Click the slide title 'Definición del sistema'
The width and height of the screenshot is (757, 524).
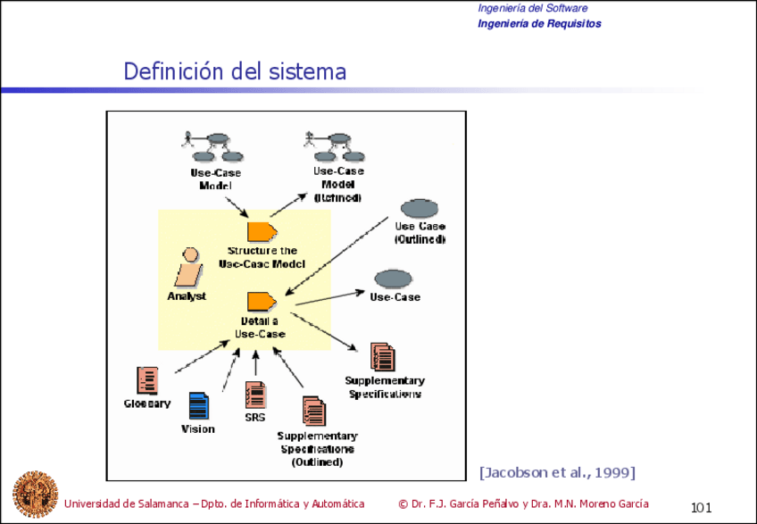235,71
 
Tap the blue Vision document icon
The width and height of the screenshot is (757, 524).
198,406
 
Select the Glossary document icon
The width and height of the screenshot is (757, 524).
147,380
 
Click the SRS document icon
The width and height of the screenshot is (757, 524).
255,395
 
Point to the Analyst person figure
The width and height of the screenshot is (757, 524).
188,265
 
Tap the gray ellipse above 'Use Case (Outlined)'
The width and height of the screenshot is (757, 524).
419,209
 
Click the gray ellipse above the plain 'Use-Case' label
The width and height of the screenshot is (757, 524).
394,278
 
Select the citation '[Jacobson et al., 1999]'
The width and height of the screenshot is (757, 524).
557,470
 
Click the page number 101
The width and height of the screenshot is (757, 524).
701,508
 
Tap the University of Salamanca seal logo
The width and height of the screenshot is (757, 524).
34,493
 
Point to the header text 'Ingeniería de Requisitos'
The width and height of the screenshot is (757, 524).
539,24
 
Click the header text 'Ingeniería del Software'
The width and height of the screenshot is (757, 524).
532,8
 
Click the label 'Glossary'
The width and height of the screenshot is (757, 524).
146,404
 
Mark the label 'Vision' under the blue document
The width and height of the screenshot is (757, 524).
198,429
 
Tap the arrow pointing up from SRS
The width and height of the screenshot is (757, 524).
256,364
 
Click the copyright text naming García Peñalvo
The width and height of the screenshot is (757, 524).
523,503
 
